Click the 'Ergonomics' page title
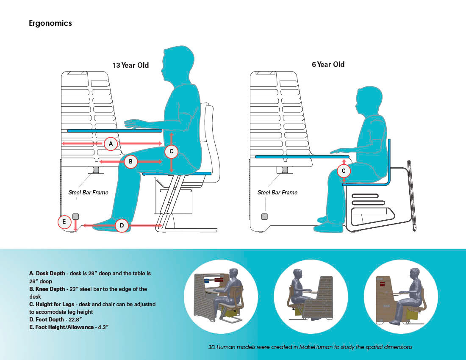pos(50,23)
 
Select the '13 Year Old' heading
pos(130,66)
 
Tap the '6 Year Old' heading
pos(328,64)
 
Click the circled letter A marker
pos(111,144)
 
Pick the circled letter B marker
pos(131,161)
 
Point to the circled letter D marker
pos(122,226)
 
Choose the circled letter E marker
pos(64,222)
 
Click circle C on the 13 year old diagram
pos(171,151)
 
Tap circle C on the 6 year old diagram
pos(344,171)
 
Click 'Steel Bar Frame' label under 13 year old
pos(88,192)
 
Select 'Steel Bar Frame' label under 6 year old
pos(277,192)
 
